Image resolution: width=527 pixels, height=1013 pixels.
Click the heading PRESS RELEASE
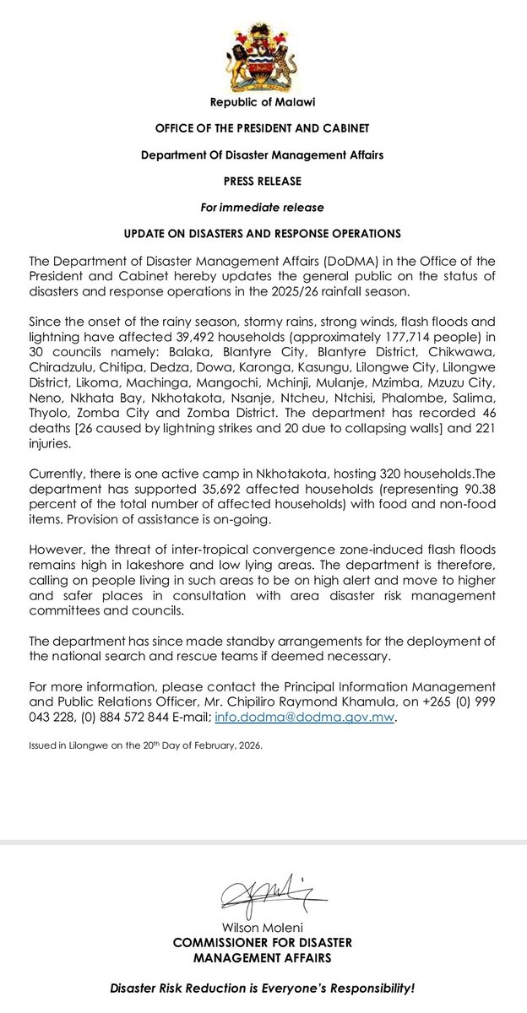pyautogui.click(x=263, y=181)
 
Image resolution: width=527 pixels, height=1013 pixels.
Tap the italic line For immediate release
pyautogui.click(x=263, y=207)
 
